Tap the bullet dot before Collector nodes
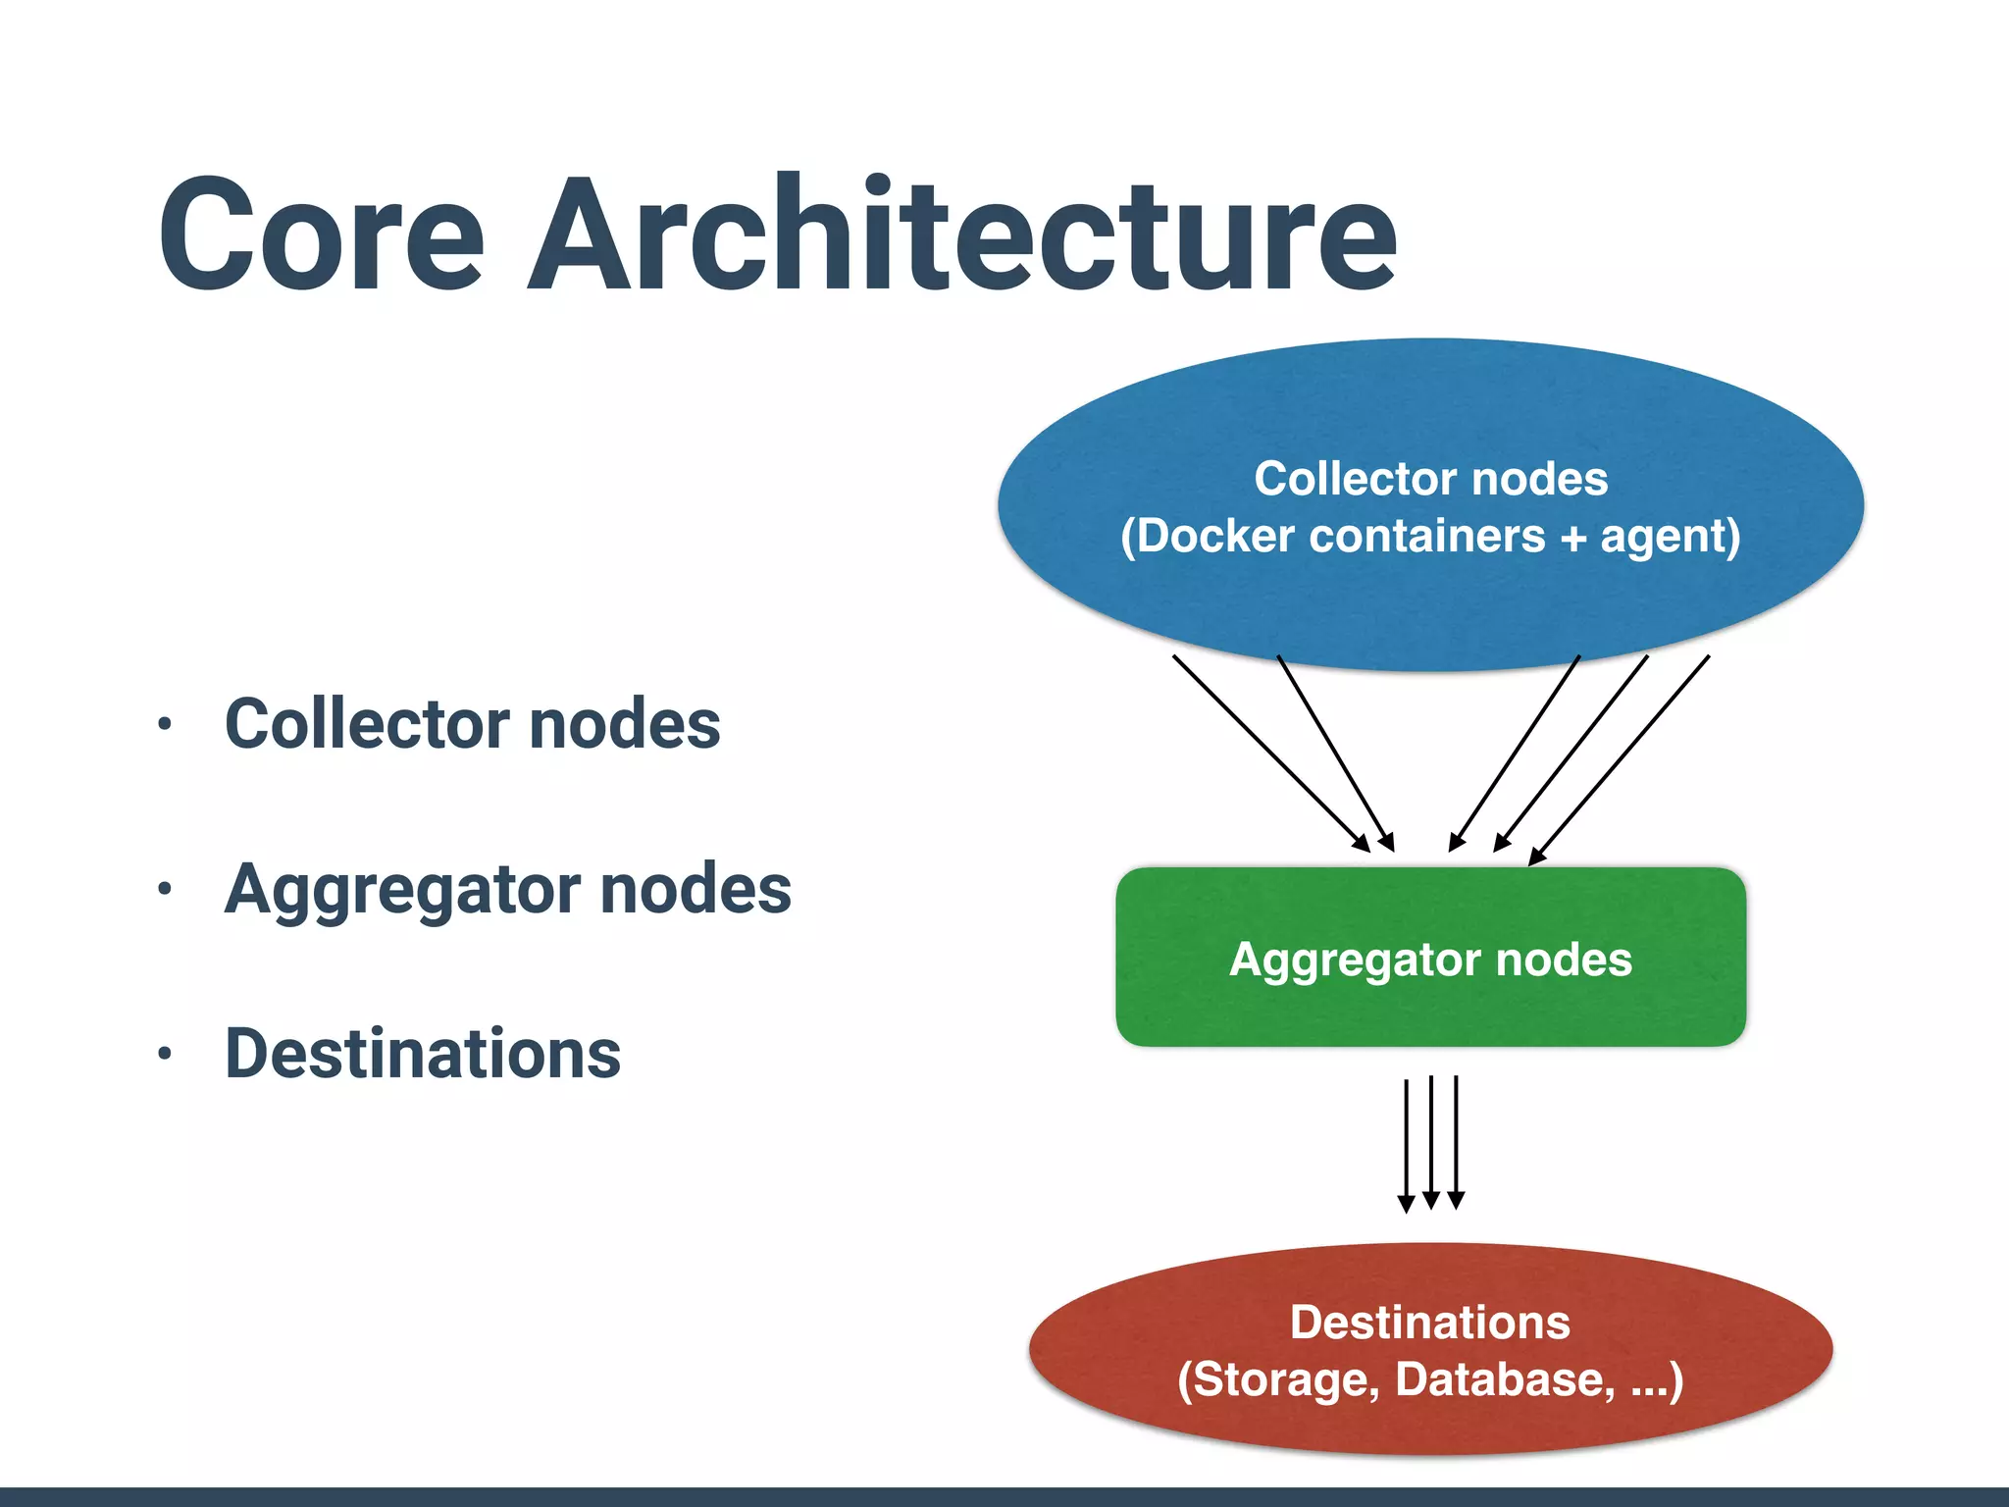pyautogui.click(x=165, y=725)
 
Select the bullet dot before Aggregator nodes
pyautogui.click(x=165, y=890)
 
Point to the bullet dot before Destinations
pyautogui.click(x=165, y=1055)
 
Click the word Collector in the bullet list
pyautogui.click(x=367, y=724)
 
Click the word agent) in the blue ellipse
pyautogui.click(x=1671, y=537)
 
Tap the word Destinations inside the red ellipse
pyautogui.click(x=1430, y=1323)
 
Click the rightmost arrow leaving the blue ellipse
pyautogui.click(x=1621, y=758)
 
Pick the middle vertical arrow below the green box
pyautogui.click(x=1431, y=1142)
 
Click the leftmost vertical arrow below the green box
pyautogui.click(x=1406, y=1144)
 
